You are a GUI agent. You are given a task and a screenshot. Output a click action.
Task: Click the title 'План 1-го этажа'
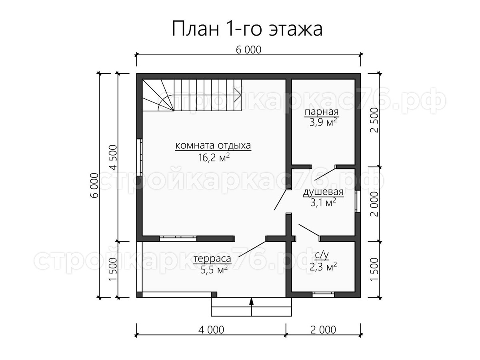pos(247,29)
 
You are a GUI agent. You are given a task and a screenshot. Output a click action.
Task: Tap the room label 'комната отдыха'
pos(213,146)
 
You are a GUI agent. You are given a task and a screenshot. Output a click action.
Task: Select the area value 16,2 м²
pos(214,157)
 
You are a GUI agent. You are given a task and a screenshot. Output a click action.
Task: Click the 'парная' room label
pos(322,112)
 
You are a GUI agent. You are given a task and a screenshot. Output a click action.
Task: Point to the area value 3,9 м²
pos(323,122)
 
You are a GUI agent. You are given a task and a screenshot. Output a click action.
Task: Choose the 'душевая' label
pos(323,192)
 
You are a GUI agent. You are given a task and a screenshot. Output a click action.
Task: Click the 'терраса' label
pos(212,259)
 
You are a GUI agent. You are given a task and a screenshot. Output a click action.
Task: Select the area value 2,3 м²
pos(323,267)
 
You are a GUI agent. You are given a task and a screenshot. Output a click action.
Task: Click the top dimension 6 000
pos(249,50)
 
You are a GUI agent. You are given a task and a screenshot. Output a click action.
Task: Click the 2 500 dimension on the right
pos(374,120)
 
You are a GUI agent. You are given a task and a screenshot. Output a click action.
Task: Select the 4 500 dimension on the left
pos(114,157)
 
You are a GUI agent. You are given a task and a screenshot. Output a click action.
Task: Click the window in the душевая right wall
pos(358,201)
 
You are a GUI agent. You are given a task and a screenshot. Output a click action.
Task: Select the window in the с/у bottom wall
pos(323,294)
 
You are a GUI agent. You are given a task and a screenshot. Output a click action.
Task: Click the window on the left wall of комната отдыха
pos(139,157)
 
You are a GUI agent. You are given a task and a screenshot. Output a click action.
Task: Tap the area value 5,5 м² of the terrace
pos(214,270)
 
